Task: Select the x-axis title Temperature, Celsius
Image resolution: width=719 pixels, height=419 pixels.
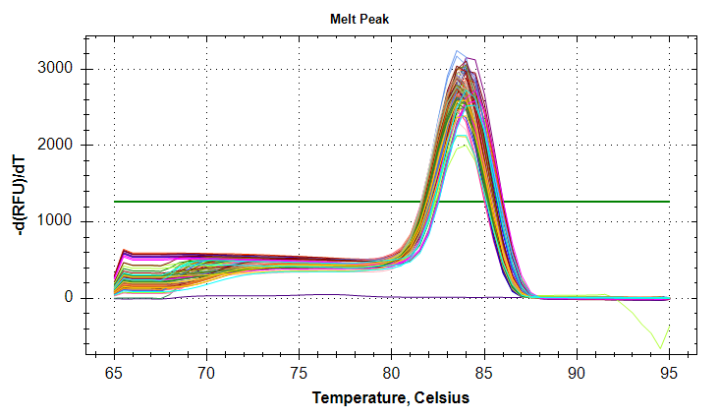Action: point(391,398)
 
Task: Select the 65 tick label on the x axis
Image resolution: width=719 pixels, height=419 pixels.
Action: point(114,374)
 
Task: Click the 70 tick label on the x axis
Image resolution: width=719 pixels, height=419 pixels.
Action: point(206,374)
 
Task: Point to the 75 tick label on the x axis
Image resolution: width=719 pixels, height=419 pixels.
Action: point(299,374)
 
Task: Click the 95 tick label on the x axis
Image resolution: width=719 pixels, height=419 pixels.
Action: point(668,374)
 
